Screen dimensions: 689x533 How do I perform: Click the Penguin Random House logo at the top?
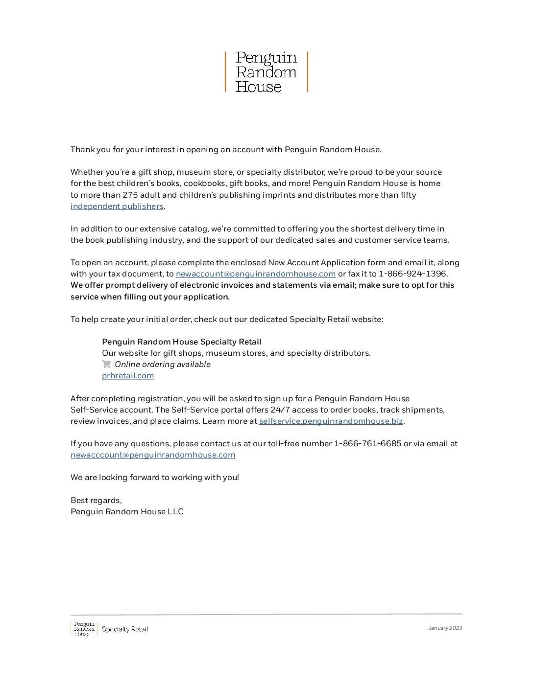[x=266, y=72]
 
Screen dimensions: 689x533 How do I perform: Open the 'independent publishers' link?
[x=117, y=206]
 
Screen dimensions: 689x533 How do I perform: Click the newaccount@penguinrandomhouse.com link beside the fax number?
[x=255, y=274]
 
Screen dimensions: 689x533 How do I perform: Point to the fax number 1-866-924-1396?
[x=412, y=274]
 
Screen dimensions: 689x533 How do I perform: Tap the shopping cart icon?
[x=106, y=364]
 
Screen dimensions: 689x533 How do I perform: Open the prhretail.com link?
[x=128, y=375]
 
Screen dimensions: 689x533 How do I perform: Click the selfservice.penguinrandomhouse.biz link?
[x=331, y=421]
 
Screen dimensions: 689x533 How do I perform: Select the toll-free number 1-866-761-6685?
[x=367, y=443]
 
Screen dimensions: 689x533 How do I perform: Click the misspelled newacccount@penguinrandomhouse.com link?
[x=153, y=455]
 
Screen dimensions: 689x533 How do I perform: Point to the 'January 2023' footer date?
[x=445, y=628]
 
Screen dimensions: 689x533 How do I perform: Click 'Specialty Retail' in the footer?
[x=124, y=629]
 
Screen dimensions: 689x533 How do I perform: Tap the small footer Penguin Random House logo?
[x=84, y=628]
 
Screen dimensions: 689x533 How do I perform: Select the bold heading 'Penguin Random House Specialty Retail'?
[x=181, y=342]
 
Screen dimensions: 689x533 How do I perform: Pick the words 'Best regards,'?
[x=96, y=500]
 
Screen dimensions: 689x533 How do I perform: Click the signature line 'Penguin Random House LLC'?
[x=127, y=511]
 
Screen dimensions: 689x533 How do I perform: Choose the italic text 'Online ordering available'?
[x=162, y=364]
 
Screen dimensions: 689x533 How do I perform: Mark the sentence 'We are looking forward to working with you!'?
[x=155, y=477]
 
